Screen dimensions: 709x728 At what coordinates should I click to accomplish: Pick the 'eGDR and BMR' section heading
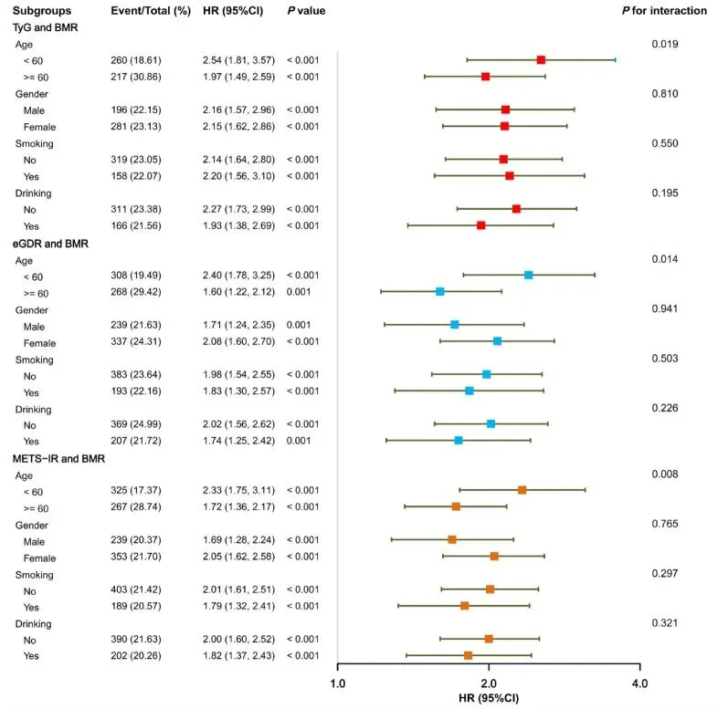[50, 243]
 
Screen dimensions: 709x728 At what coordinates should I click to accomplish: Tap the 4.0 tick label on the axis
[638, 683]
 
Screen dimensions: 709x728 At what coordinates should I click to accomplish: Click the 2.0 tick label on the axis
[488, 683]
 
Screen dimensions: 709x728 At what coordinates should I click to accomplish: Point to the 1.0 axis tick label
[337, 683]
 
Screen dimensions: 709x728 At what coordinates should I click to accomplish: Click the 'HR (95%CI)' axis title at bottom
[488, 698]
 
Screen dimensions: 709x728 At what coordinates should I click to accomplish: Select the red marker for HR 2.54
[541, 59]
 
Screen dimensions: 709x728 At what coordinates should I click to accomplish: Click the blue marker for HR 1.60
[440, 291]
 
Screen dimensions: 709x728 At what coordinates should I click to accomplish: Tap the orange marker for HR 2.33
[522, 490]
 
